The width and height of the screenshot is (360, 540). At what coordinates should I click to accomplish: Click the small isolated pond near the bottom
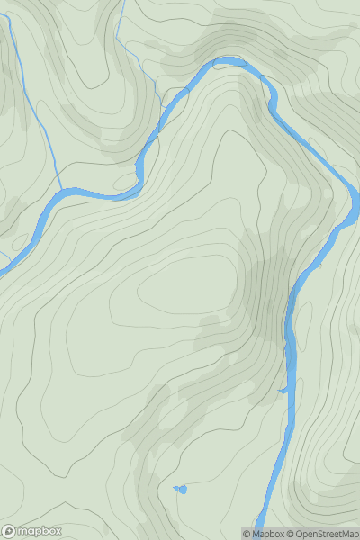182,490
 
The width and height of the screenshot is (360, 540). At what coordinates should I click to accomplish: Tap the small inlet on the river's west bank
283,390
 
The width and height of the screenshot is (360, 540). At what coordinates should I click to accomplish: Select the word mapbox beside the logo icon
40,531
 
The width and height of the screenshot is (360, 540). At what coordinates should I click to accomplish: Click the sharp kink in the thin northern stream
116,37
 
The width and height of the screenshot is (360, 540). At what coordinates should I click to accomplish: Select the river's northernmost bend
225,61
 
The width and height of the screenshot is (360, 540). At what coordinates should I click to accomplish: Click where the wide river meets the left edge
3,263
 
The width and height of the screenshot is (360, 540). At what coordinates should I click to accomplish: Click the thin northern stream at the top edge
121,4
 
